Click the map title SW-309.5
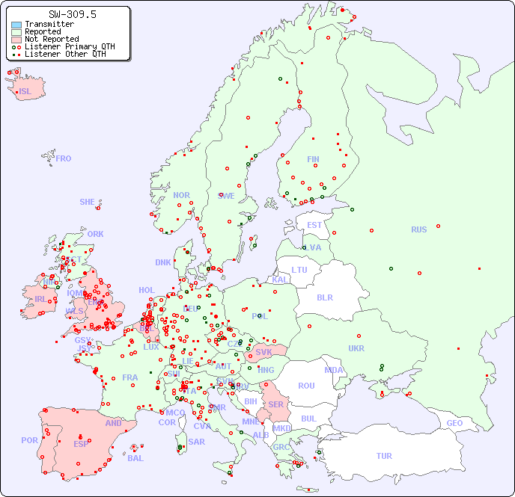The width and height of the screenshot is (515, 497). (x=72, y=14)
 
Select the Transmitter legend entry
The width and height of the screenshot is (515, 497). (x=49, y=25)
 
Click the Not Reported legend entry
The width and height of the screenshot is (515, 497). (x=51, y=39)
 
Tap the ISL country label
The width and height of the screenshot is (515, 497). (x=25, y=92)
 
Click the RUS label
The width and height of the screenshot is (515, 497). (x=418, y=229)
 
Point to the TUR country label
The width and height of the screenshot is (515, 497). (x=384, y=456)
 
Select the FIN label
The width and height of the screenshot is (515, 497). (x=313, y=159)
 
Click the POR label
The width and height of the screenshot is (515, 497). (x=29, y=440)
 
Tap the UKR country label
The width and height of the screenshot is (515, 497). (x=356, y=348)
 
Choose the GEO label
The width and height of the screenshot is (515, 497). (x=454, y=423)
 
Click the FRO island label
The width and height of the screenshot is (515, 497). (x=64, y=158)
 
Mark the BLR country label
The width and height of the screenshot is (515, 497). (x=324, y=297)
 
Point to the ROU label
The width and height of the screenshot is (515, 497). (x=306, y=386)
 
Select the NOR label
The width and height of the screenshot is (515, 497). (x=181, y=195)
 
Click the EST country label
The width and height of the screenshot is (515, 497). (x=314, y=225)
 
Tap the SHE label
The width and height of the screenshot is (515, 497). (x=88, y=202)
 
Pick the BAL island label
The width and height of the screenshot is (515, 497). (x=135, y=458)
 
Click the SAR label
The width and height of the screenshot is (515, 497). (x=196, y=441)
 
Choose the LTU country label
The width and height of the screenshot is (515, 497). (x=299, y=270)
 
